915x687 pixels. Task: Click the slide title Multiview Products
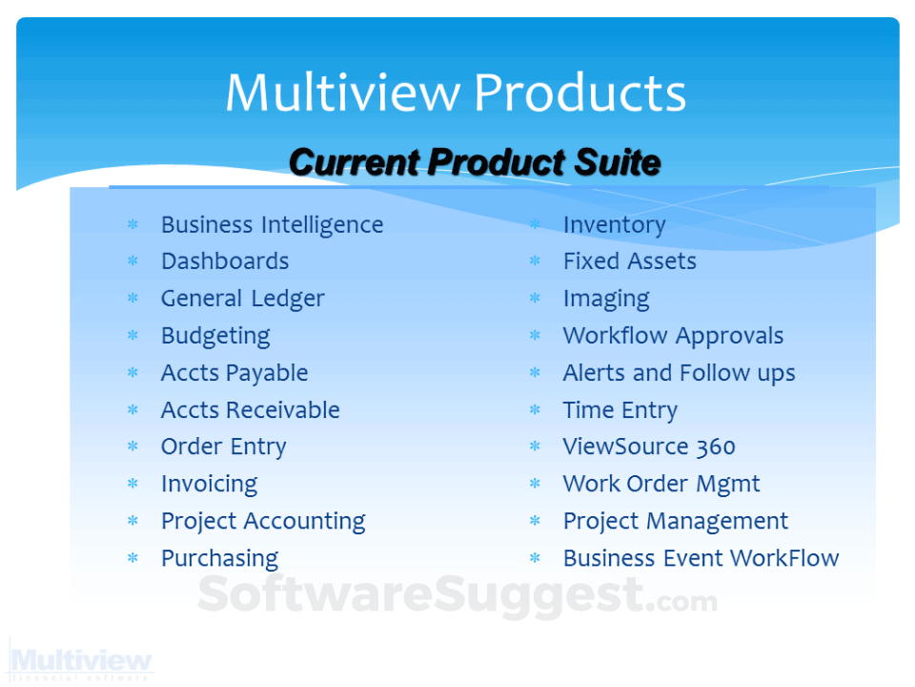(456, 94)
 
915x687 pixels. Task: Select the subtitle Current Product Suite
(474, 162)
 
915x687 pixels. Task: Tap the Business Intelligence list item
(272, 225)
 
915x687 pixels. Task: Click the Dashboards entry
(224, 261)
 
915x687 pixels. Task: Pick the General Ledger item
(242, 299)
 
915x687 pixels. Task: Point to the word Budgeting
(215, 336)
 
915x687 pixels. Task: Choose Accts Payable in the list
(234, 373)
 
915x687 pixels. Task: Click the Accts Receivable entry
(250, 410)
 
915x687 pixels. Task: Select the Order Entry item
(223, 448)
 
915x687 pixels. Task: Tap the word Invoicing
(209, 485)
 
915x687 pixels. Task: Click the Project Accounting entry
(263, 522)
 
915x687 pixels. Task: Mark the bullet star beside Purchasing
(133, 559)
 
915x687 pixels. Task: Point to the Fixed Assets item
(629, 261)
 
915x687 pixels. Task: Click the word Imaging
(606, 299)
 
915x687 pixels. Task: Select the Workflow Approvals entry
(673, 336)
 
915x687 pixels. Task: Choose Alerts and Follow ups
(679, 373)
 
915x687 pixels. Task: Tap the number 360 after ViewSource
(715, 448)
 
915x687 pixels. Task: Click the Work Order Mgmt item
(661, 485)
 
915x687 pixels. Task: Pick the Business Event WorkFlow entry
(701, 559)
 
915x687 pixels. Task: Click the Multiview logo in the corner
(81, 661)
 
